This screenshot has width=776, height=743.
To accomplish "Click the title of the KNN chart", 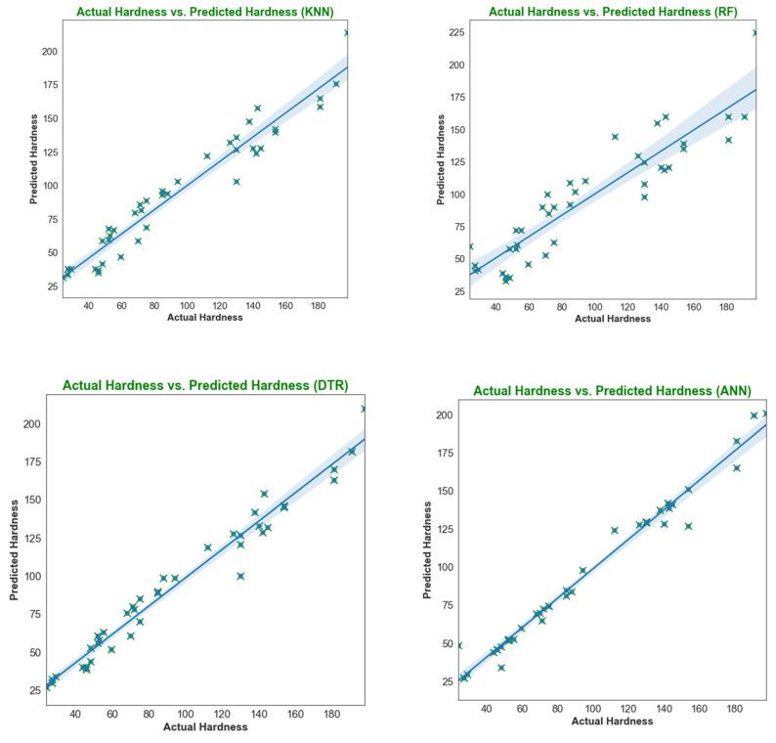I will pos(204,13).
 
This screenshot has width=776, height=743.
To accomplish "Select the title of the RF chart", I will pos(613,13).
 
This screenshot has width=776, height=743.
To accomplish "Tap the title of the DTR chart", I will pos(205,385).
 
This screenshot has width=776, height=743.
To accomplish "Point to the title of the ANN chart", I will pos(612,391).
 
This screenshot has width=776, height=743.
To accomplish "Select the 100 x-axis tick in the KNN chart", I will pos(187,306).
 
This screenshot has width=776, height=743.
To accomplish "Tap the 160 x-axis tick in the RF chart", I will pos(693,306).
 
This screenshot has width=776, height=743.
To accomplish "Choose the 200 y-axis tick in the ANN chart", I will pos(444,415).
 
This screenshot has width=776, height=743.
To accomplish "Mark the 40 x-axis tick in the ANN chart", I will pos(486,708).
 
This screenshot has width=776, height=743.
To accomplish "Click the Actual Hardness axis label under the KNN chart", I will pos(204,318).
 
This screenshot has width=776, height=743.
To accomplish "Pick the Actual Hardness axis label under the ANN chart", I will pos(612,721).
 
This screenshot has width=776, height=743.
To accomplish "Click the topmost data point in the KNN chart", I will pos(347,32).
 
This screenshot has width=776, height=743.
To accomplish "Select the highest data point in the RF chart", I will pos(754,32).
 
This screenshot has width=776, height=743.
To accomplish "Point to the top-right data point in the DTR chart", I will pos(364,409).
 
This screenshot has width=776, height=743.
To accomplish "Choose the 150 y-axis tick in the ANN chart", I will pos(444,492).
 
